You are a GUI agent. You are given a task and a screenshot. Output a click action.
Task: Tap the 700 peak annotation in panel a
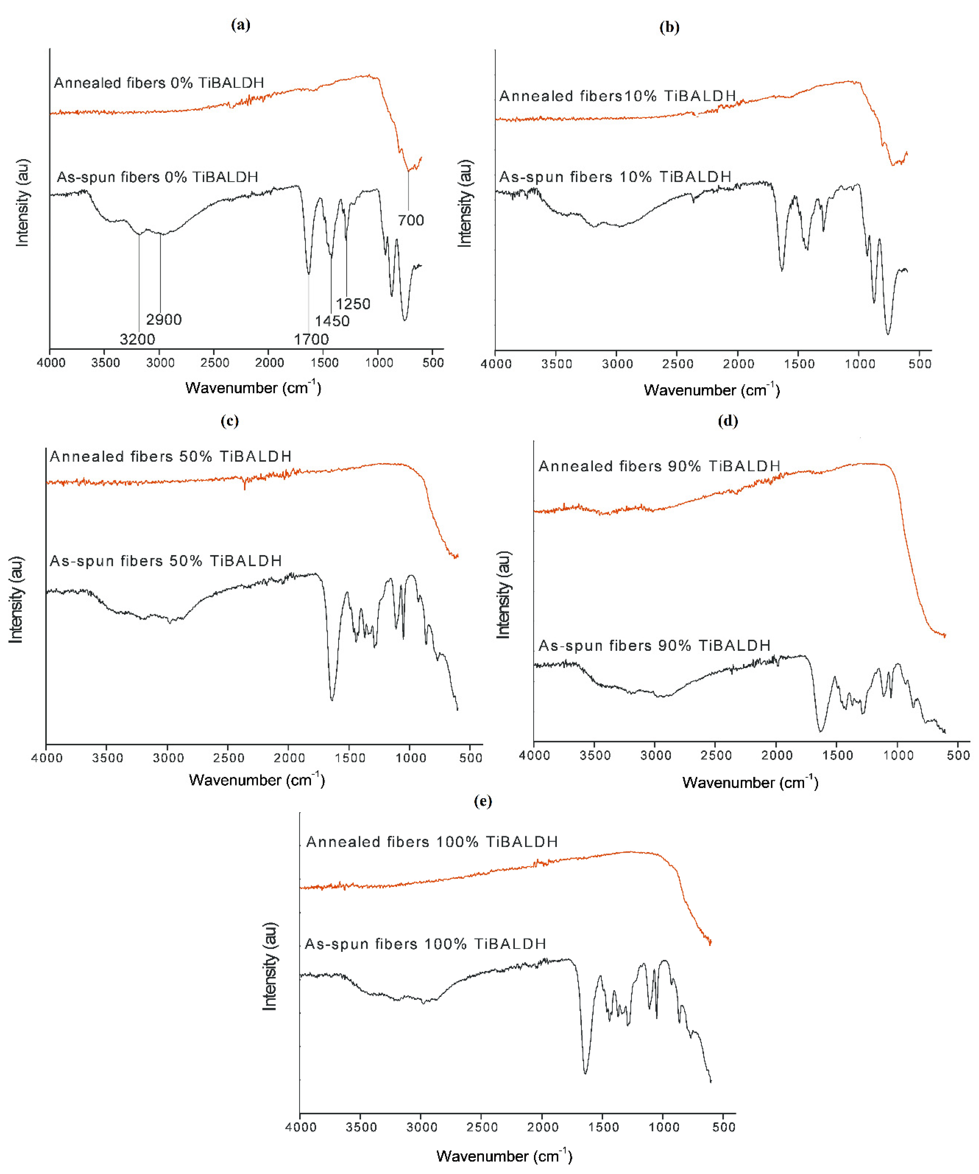coord(411,220)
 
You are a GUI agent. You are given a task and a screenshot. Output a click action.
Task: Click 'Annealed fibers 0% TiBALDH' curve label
coord(159,83)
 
